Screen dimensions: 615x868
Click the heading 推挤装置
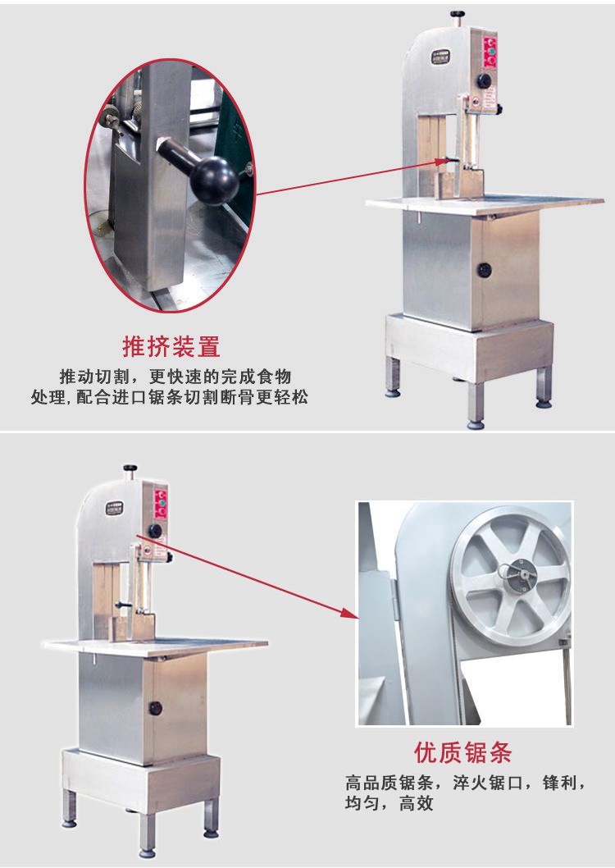tap(171, 346)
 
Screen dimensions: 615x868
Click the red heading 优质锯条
tap(463, 752)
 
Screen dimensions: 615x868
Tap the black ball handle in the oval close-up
tap(215, 180)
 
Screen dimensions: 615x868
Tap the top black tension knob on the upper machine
tap(457, 15)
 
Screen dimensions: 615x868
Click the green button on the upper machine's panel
tap(490, 49)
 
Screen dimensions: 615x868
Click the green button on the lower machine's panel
tap(162, 503)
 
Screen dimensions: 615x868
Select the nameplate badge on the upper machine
tap(441, 57)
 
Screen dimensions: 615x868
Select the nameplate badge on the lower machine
tap(115, 508)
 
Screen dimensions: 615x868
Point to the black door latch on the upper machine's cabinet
tap(485, 270)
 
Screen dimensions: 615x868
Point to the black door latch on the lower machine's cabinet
tap(156, 708)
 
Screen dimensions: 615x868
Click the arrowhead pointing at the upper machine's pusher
tap(440, 162)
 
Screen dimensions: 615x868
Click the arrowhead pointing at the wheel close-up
tap(349, 612)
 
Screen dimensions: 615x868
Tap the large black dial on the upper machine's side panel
tap(485, 80)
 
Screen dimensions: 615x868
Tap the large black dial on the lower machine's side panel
tap(156, 531)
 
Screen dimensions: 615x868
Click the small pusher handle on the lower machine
tap(123, 605)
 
